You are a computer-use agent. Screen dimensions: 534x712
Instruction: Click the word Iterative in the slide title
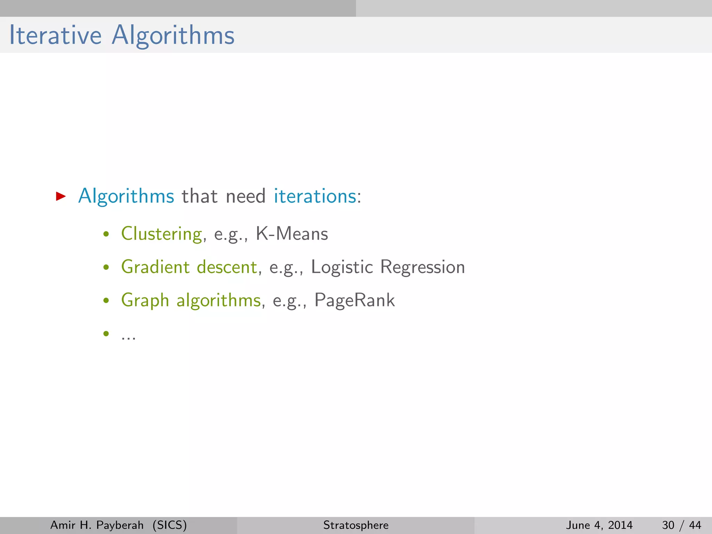(x=55, y=35)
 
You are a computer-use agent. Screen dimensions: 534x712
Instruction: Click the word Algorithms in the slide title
(x=173, y=36)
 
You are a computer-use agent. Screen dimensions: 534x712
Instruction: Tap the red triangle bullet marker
(x=60, y=196)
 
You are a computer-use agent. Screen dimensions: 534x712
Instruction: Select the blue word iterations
(x=315, y=196)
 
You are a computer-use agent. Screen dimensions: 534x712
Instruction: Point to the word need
(x=245, y=196)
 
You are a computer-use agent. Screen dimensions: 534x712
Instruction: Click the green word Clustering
(x=161, y=234)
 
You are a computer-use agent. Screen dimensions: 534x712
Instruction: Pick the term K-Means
(x=292, y=234)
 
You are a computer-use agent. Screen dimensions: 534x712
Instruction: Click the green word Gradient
(x=155, y=267)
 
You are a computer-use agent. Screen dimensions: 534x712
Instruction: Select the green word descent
(x=227, y=267)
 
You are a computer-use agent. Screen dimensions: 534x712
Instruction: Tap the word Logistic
(x=342, y=267)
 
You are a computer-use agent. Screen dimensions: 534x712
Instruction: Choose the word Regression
(x=422, y=267)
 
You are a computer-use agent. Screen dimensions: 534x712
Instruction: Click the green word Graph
(x=145, y=300)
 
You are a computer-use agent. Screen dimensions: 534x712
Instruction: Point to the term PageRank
(x=355, y=300)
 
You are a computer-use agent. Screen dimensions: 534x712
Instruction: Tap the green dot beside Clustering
(x=106, y=234)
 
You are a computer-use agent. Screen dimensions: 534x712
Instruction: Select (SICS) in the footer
(x=170, y=525)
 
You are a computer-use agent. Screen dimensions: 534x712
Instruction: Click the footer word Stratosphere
(x=356, y=525)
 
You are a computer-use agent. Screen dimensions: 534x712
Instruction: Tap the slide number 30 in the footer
(x=668, y=525)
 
